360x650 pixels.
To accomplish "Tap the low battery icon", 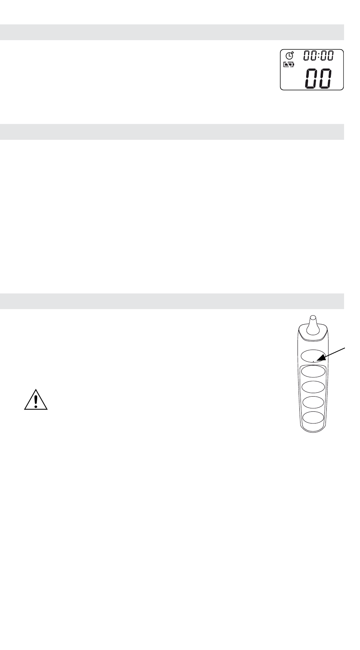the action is click(289, 65).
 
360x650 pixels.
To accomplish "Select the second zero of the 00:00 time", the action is click(313, 56).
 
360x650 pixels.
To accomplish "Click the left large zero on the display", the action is click(313, 79).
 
